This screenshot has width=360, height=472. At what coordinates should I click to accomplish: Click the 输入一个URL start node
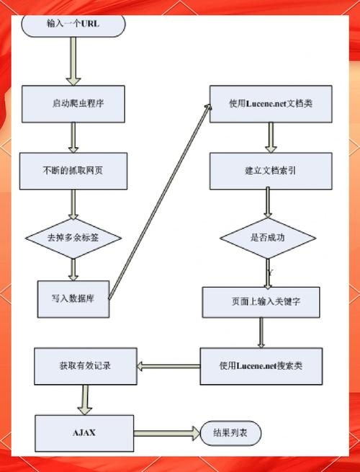pos(73,24)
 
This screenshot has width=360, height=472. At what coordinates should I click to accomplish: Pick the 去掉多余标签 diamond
pos(73,236)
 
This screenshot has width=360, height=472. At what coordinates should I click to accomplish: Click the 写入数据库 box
pos(75,298)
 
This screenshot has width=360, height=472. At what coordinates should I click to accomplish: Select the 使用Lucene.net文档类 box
pos(271,104)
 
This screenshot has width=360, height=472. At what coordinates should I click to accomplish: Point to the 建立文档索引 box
pos(271,171)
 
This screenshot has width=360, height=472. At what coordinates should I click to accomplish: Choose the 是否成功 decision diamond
pos(268,237)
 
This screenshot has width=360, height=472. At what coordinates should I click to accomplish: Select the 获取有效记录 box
pos(85,366)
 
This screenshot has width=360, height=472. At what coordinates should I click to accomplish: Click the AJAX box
pos(84,433)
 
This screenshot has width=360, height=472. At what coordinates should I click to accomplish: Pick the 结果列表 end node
pos(231,434)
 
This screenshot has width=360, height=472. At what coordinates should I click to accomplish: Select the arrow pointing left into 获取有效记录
pos(167,366)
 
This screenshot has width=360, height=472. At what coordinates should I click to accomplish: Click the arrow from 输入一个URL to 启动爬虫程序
pos(73,61)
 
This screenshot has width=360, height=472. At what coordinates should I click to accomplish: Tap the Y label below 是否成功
pos(270,273)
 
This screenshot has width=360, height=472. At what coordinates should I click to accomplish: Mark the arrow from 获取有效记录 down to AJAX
pos(85,398)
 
